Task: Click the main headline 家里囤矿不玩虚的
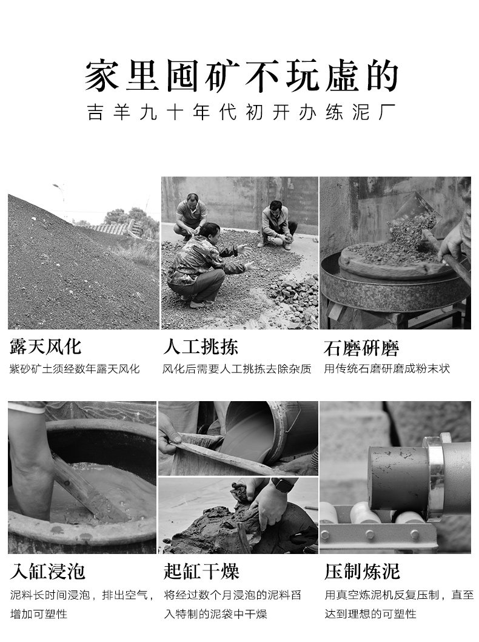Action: tap(241, 76)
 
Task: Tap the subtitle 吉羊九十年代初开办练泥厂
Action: tap(241, 112)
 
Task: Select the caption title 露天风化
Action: tap(45, 347)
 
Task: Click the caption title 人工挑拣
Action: tap(201, 347)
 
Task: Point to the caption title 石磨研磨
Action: tap(361, 348)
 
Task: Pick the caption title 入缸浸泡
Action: tap(47, 571)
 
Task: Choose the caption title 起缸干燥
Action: tap(201, 571)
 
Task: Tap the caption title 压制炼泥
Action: tap(362, 571)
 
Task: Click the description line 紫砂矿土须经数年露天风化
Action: tap(75, 369)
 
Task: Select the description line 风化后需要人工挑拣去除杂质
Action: tap(237, 369)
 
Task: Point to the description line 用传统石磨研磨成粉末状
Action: tap(387, 369)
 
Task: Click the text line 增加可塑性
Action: tap(38, 613)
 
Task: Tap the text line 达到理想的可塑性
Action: tap(370, 613)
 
